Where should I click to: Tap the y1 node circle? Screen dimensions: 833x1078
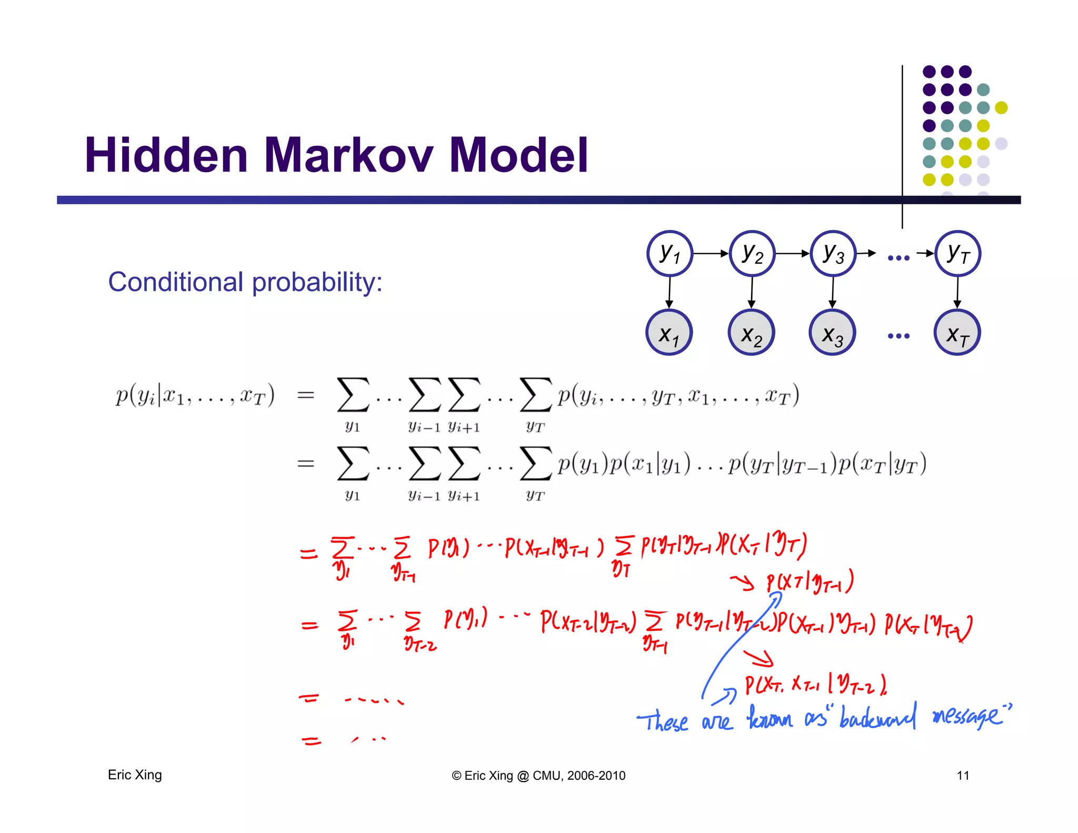pos(670,253)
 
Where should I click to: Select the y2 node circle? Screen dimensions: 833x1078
pos(752,253)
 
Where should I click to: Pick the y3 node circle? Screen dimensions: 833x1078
pos(833,253)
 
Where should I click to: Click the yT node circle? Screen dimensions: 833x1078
pos(957,253)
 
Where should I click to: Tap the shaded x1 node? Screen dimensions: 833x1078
pos(669,333)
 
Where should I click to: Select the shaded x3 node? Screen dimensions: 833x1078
pos(832,333)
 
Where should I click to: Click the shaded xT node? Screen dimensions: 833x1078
pos(957,333)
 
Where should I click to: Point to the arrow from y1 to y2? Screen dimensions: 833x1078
pos(711,253)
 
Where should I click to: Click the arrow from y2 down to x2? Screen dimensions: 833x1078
pos(752,292)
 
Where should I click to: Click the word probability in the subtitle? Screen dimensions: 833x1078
pos(317,282)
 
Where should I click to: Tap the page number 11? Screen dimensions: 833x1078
pos(963,776)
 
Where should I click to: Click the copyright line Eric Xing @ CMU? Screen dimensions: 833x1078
pos(538,776)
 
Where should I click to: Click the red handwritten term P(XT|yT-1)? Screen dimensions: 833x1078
pos(810,582)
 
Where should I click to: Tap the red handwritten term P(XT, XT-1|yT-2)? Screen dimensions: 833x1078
pos(815,685)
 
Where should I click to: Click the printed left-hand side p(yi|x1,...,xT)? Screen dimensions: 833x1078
pos(195,395)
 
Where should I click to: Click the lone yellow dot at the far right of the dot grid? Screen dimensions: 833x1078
pos(1001,107)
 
